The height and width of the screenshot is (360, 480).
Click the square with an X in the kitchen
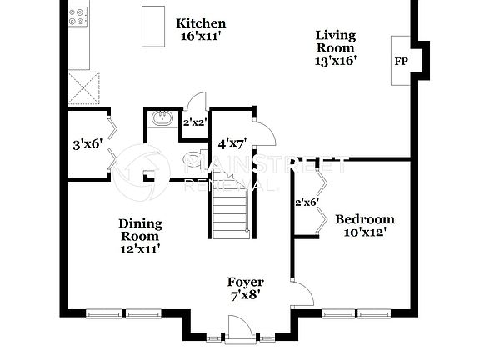83,85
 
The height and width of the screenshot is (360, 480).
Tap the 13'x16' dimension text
335,61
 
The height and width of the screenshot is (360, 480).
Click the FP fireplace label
401,62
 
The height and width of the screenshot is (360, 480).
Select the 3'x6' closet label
87,143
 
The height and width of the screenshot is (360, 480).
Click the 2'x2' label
193,122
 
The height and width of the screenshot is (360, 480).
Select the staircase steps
229,210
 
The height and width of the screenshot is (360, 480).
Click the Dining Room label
139,229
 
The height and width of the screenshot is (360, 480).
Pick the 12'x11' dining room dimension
139,247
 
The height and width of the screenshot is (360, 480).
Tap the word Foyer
246,282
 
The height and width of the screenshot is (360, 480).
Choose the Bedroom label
364,219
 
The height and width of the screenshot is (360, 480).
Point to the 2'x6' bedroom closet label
307,202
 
